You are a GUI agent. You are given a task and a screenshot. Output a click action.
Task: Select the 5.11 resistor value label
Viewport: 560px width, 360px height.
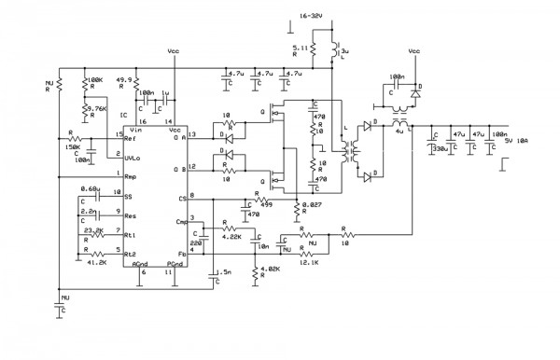click(301, 47)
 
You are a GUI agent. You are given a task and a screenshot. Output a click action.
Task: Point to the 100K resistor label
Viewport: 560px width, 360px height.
click(93, 79)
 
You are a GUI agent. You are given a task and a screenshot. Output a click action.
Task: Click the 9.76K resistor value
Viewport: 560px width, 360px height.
click(98, 108)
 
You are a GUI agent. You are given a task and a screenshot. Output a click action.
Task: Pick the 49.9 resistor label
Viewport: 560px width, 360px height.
click(121, 79)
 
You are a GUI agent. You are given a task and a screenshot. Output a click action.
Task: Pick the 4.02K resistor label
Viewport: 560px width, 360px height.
click(270, 270)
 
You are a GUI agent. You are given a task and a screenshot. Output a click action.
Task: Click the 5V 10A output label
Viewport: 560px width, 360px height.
click(515, 141)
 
